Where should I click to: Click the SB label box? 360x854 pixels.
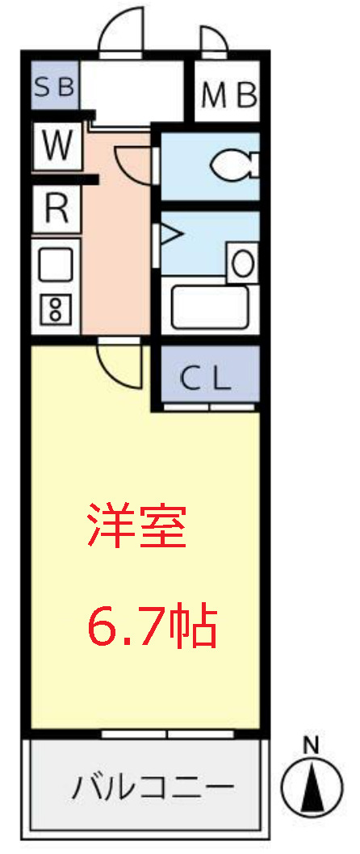(x=55, y=86)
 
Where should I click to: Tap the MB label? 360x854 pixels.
(x=228, y=95)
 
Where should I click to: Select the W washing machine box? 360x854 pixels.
(x=57, y=146)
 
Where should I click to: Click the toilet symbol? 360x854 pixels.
(x=233, y=166)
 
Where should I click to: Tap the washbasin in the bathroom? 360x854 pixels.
(x=242, y=263)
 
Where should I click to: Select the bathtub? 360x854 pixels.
(x=209, y=307)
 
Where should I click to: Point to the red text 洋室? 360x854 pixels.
(x=137, y=527)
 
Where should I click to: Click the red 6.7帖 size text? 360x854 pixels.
(x=152, y=626)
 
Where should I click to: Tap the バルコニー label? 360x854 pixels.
(x=153, y=785)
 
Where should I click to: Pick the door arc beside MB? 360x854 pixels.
(x=212, y=39)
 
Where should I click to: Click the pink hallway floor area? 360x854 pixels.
(x=117, y=258)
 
